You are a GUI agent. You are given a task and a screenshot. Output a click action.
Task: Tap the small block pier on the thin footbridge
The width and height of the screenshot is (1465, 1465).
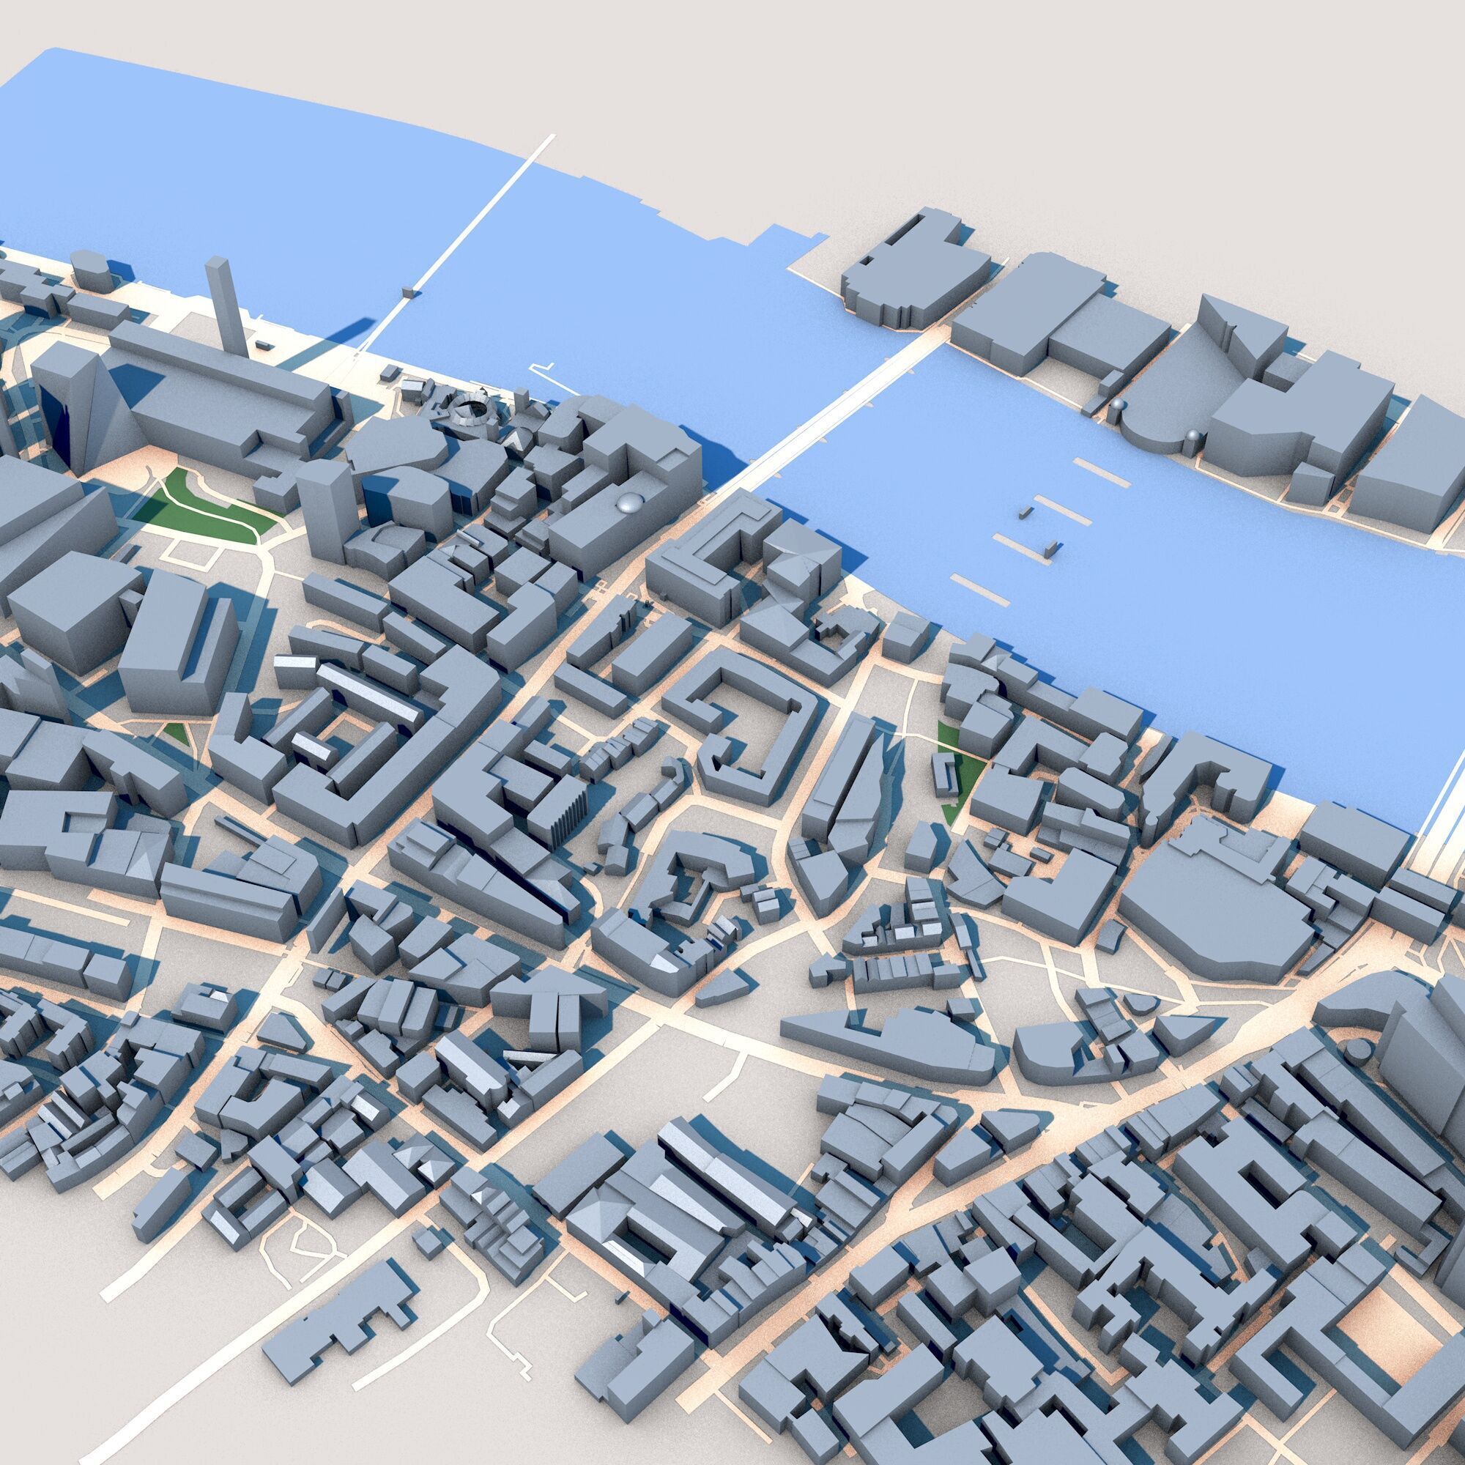coord(409,292)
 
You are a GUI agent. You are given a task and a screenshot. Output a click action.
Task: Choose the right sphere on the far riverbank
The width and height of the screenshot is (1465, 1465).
coord(1193,435)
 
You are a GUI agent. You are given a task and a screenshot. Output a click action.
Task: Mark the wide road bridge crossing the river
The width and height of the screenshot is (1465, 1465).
coord(834,421)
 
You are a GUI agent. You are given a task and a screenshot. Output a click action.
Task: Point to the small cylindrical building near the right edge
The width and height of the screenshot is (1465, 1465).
coord(1357,1050)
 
